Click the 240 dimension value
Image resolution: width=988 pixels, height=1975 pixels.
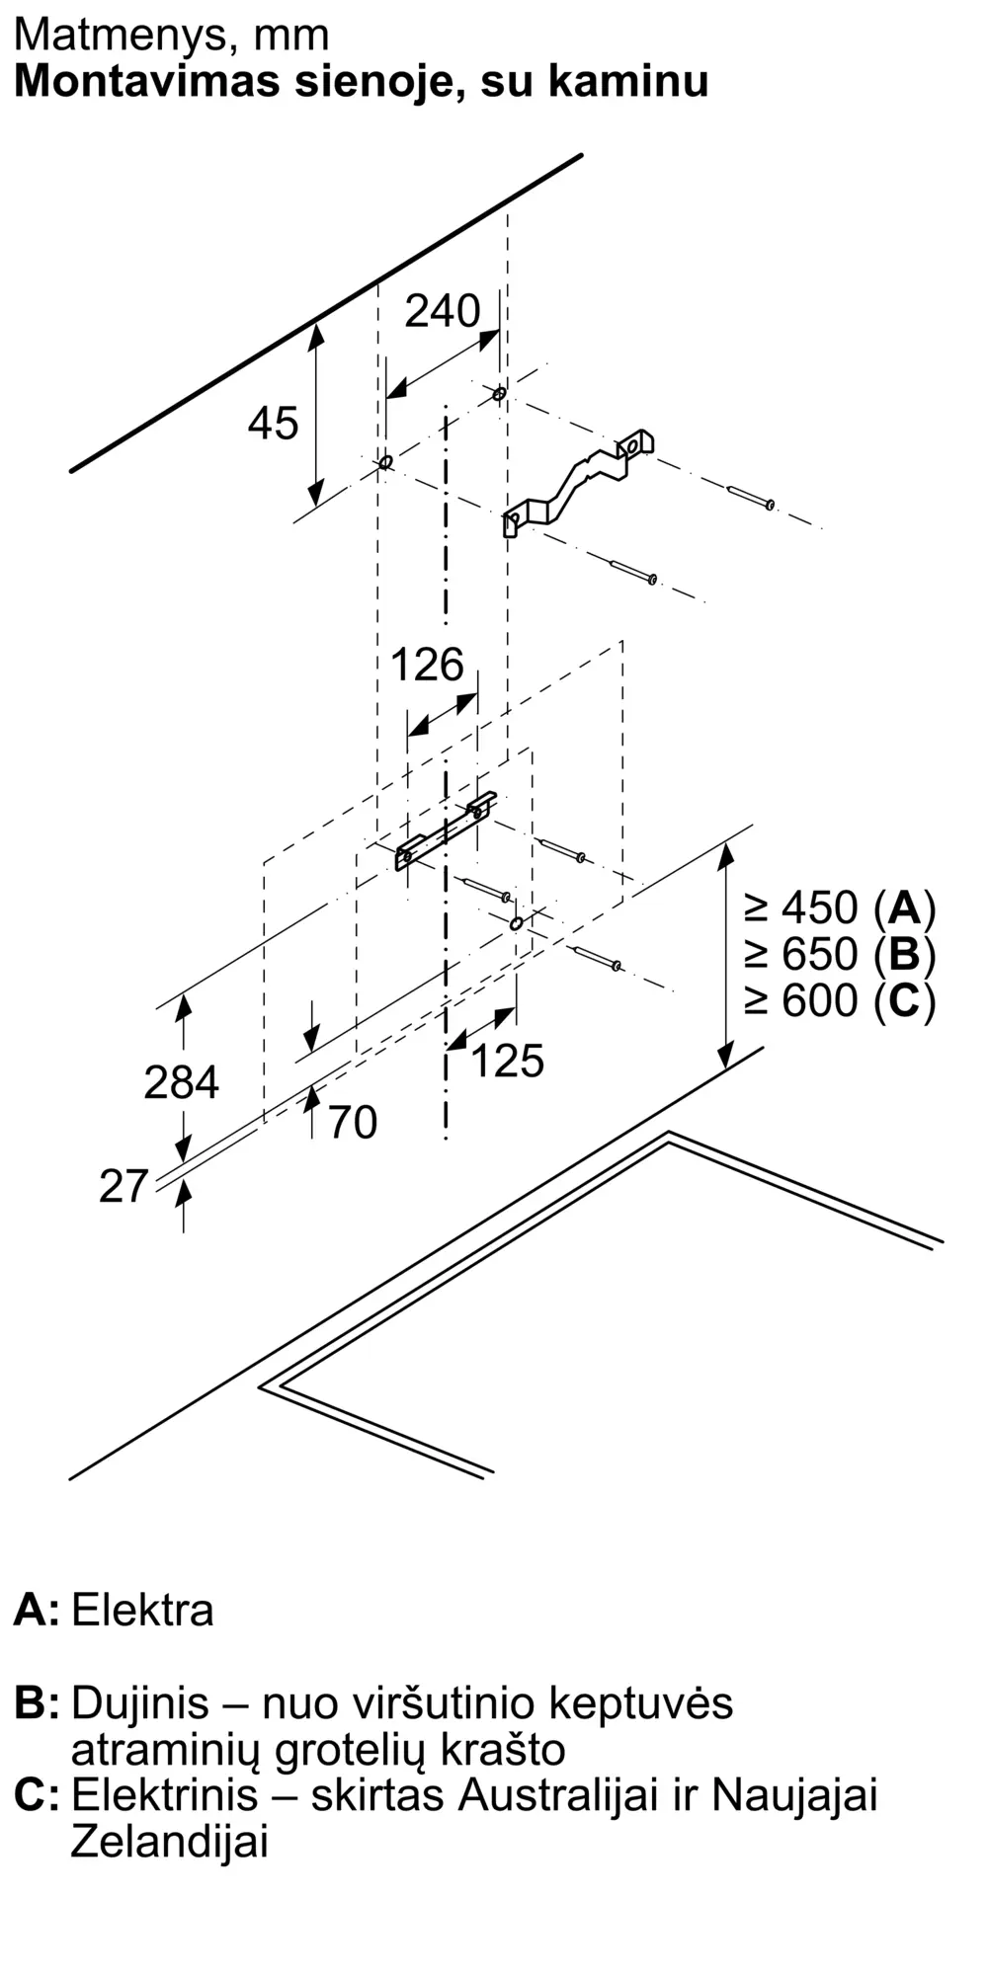(443, 311)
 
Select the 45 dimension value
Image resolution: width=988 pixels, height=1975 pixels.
(273, 424)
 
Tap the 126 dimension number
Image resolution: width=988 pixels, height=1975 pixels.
(427, 665)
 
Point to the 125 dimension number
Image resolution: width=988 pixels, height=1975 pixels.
(507, 1061)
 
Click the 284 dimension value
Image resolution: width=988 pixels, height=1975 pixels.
(181, 1082)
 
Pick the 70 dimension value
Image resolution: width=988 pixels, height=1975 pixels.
(353, 1123)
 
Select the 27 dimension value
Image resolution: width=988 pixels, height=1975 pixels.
(123, 1186)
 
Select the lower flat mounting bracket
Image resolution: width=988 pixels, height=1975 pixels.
(446, 830)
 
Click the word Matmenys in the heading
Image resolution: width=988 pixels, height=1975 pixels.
(117, 37)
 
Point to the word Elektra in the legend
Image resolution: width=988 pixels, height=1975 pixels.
(142, 1611)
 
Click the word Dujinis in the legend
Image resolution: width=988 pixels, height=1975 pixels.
(140, 1703)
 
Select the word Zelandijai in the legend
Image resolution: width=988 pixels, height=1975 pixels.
(169, 1843)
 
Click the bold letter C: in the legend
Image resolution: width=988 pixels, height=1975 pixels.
(37, 1795)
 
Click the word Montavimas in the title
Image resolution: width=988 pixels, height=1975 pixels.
(147, 80)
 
